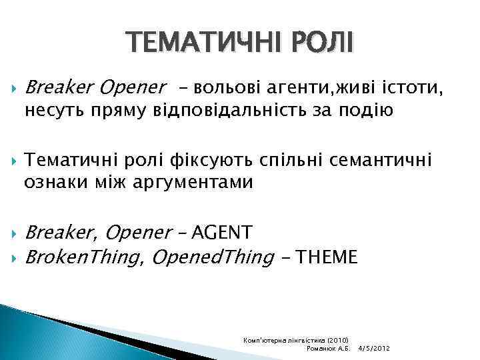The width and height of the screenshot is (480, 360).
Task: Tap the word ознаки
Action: tap(55, 183)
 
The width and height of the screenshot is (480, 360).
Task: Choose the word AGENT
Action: tap(221, 232)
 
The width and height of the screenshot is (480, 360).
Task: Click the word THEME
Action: tap(329, 256)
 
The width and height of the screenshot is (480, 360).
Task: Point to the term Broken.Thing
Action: tap(83, 256)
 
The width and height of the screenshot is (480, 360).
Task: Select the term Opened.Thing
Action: tap(213, 256)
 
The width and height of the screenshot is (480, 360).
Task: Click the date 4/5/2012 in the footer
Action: tap(374, 349)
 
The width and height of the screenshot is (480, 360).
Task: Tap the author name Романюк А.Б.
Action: tap(327, 349)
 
